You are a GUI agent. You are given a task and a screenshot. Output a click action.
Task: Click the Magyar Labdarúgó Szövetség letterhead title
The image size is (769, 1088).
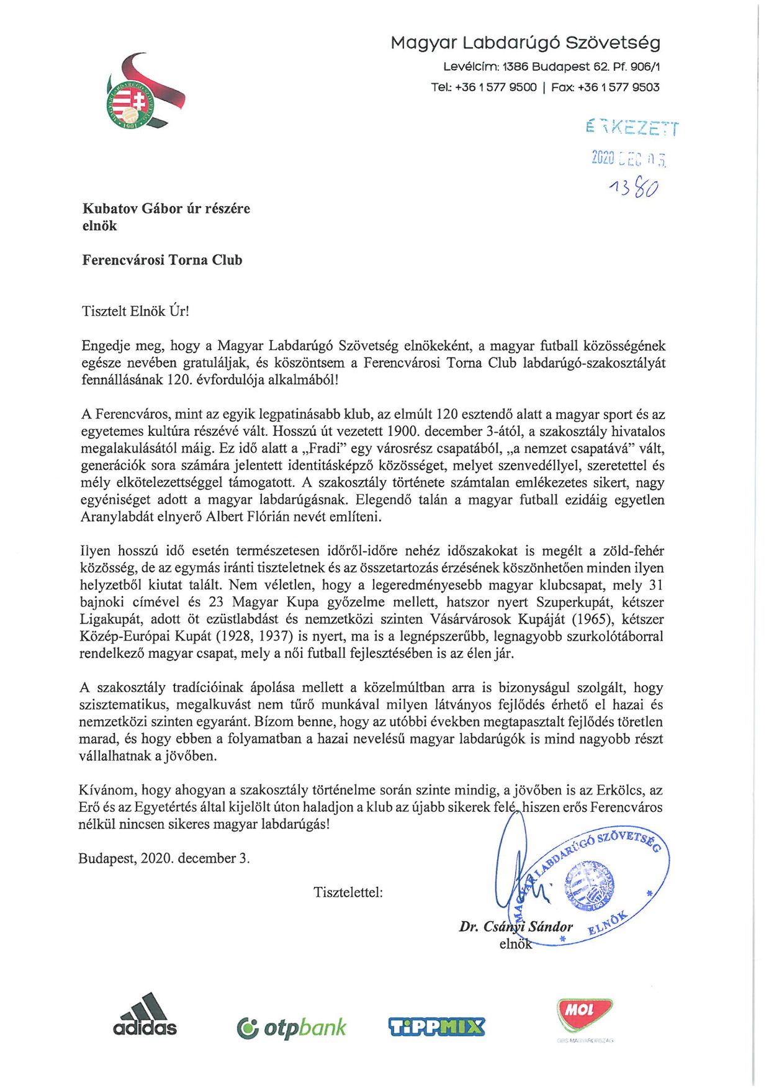525,43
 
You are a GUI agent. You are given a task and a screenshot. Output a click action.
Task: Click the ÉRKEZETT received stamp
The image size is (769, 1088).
631,127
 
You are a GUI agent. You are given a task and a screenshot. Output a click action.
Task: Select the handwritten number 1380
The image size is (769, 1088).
633,187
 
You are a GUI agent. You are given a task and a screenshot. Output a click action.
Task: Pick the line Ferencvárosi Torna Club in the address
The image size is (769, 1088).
162,260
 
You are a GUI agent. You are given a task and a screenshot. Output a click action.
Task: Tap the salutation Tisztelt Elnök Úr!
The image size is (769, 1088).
135,311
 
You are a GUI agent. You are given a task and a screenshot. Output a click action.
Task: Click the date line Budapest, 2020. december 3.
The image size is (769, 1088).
164,858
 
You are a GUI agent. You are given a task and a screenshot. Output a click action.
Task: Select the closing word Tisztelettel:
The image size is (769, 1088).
348,892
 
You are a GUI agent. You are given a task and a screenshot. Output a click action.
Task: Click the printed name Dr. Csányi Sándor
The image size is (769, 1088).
516,927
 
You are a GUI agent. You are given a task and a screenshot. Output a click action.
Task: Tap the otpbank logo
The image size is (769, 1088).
291,1028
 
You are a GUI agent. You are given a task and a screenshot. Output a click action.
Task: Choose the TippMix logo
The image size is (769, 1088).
436,1027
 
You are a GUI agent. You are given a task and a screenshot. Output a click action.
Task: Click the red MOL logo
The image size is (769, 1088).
584,1012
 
